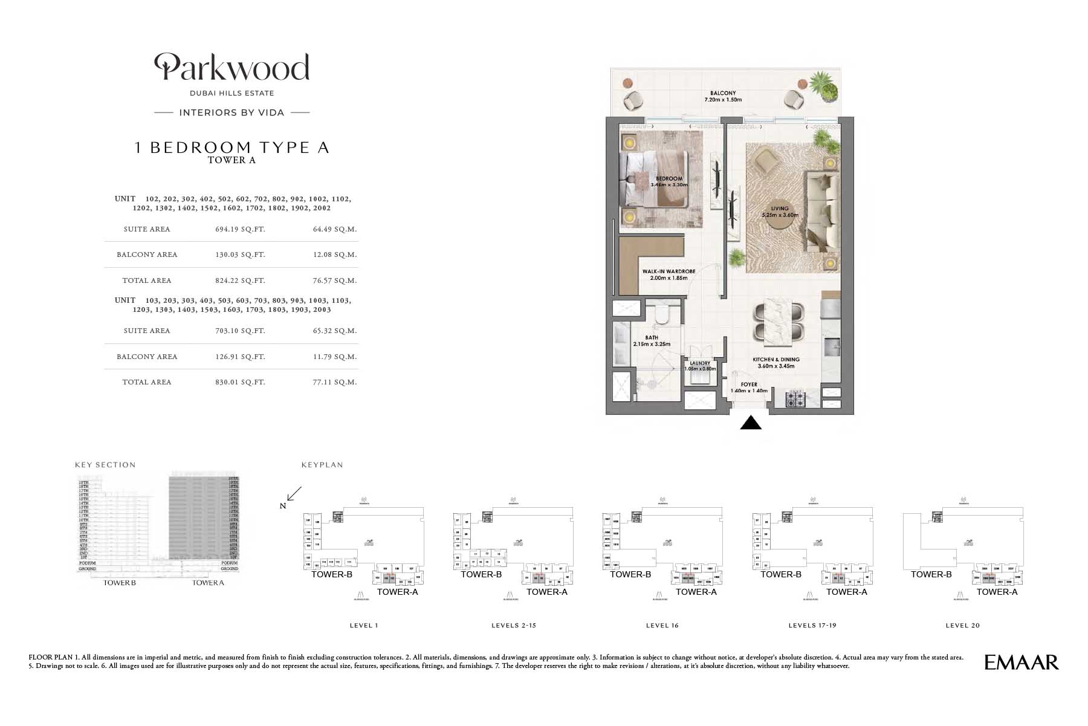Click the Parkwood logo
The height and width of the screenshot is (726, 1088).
(x=232, y=67)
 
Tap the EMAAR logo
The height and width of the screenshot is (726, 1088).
(x=1022, y=663)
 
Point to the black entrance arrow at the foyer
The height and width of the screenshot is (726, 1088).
(x=751, y=423)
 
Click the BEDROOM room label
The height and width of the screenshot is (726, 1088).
(x=669, y=179)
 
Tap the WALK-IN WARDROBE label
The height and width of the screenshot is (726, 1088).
(x=669, y=272)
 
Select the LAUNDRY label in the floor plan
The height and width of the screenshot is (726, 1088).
(x=700, y=364)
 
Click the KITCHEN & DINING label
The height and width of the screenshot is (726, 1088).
(x=776, y=360)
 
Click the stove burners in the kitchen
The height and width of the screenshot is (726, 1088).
(x=794, y=399)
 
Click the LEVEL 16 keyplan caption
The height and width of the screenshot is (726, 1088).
(x=662, y=626)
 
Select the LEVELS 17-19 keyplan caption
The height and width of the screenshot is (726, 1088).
(x=812, y=626)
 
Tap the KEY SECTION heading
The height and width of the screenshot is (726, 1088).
(x=105, y=465)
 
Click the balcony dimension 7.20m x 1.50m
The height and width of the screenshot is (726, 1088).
(x=723, y=100)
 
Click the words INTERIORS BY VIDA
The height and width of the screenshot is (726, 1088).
(x=232, y=112)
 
